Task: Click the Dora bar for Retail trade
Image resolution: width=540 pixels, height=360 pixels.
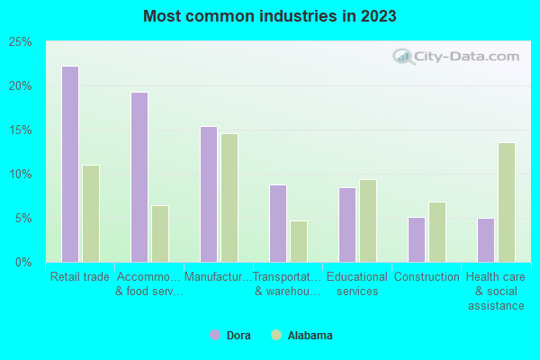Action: [70, 164]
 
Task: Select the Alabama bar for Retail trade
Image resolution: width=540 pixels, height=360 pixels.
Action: [91, 213]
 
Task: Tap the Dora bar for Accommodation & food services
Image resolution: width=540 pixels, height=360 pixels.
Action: [139, 177]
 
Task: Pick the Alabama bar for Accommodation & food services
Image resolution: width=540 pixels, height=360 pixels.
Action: [160, 234]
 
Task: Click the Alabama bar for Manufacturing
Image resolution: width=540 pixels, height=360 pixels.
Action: [229, 198]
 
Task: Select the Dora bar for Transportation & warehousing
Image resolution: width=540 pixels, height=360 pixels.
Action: [278, 223]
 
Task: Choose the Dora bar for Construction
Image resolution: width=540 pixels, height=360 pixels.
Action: [417, 239]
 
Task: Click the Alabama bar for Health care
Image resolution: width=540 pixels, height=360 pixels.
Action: [507, 202]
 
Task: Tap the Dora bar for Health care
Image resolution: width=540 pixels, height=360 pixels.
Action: [486, 240]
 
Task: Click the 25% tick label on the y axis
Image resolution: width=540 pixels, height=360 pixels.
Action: [21, 42]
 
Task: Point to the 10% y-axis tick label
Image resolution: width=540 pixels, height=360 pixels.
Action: [21, 175]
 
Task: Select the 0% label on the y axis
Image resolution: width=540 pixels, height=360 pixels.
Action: [23, 263]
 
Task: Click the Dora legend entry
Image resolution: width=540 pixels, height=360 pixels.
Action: [232, 336]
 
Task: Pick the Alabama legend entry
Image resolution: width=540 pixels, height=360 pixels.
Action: [302, 336]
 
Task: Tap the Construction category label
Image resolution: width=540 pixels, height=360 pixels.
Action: [427, 277]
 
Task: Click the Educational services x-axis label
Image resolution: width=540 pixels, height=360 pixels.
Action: [357, 284]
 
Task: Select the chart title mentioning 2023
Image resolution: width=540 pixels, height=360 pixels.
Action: [269, 16]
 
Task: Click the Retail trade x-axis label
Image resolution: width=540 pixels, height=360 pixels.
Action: [80, 277]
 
